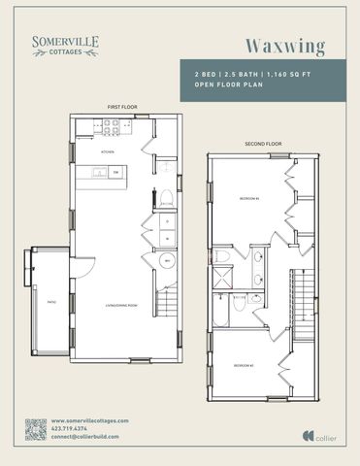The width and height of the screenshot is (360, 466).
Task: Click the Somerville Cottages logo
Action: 65,45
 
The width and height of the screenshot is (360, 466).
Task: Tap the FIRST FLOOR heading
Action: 120,107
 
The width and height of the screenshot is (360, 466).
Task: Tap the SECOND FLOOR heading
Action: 262,144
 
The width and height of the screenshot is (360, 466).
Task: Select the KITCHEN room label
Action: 110,151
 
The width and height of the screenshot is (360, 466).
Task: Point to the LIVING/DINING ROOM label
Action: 119,309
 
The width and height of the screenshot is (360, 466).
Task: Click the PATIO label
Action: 50,302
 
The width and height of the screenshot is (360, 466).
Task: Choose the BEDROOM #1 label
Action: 247,198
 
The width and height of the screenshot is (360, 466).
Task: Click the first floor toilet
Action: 166,198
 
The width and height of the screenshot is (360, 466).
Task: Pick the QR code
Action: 36,429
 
